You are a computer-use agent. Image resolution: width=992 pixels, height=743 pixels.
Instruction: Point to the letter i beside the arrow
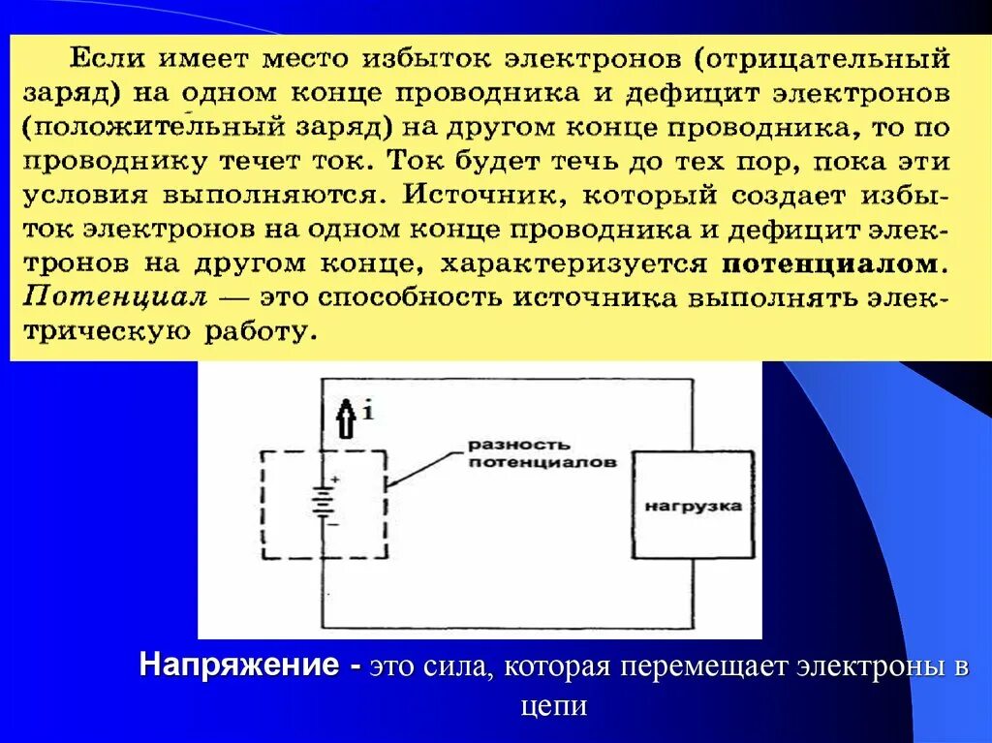pyautogui.click(x=369, y=410)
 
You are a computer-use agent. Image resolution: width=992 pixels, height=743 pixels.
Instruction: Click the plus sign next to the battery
pyautogui.click(x=335, y=479)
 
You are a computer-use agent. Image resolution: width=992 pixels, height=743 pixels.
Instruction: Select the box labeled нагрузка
pyautogui.click(x=693, y=506)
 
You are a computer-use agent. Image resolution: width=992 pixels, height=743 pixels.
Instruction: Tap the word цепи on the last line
pyautogui.click(x=553, y=705)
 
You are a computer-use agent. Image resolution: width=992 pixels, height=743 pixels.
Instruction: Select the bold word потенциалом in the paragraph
pyautogui.click(x=830, y=263)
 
